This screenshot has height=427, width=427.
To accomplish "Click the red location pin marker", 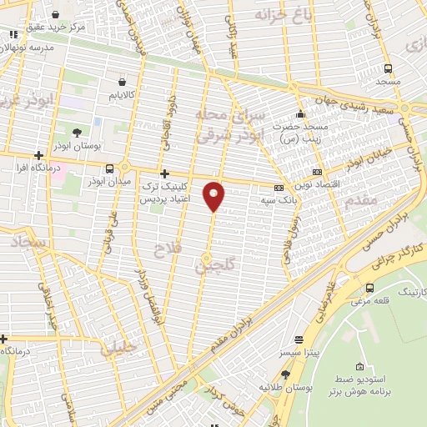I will (214, 195).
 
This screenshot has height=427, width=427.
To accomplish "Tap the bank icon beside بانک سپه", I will (279, 188).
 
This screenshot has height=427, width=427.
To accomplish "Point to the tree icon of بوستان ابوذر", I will (77, 133).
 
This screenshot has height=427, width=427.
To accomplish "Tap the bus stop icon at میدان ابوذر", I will (111, 168).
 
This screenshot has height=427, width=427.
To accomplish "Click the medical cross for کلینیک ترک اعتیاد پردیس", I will (164, 174).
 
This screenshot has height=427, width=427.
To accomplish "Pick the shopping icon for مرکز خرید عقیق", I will (55, 14).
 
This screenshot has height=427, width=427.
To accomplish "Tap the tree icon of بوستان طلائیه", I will (286, 374).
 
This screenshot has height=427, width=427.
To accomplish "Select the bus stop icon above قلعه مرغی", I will (369, 288).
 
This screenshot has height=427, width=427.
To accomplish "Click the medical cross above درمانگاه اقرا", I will (38, 155).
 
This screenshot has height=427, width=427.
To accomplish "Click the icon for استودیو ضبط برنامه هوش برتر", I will (359, 367).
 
